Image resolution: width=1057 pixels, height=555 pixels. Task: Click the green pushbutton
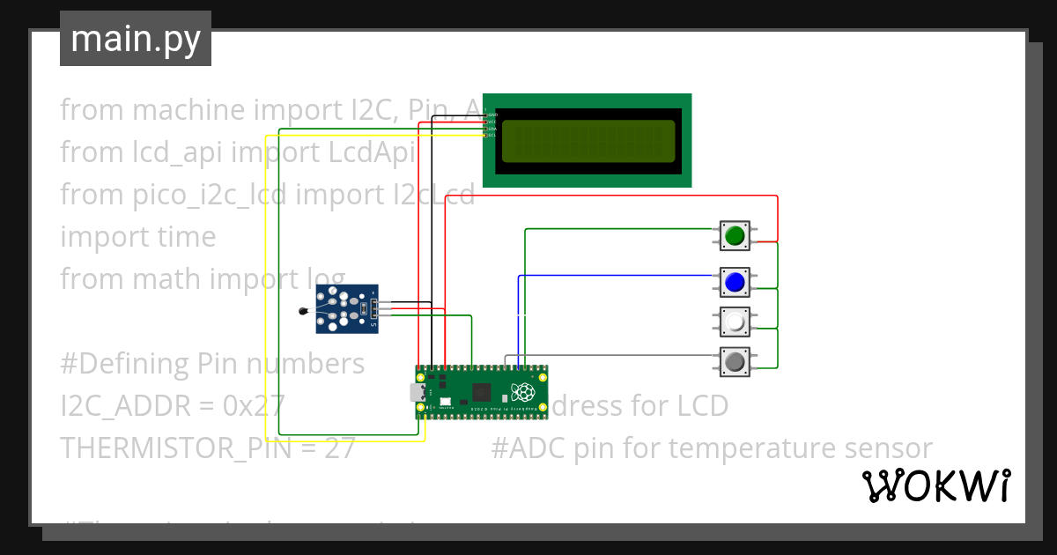735,235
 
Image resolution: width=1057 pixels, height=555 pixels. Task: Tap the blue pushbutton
735,282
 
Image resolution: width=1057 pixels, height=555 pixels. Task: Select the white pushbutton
735,322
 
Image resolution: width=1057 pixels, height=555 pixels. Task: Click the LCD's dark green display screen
588,141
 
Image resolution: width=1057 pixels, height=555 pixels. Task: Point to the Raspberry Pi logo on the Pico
525,391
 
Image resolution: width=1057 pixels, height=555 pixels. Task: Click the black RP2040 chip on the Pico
483,392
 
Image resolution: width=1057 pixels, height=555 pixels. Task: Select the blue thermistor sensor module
347,309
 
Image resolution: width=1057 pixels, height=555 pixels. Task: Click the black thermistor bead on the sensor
304,310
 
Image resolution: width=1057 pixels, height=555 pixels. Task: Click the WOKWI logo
935,486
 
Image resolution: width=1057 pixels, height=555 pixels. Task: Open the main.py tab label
136,40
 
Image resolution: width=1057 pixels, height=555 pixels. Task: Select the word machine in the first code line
188,110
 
